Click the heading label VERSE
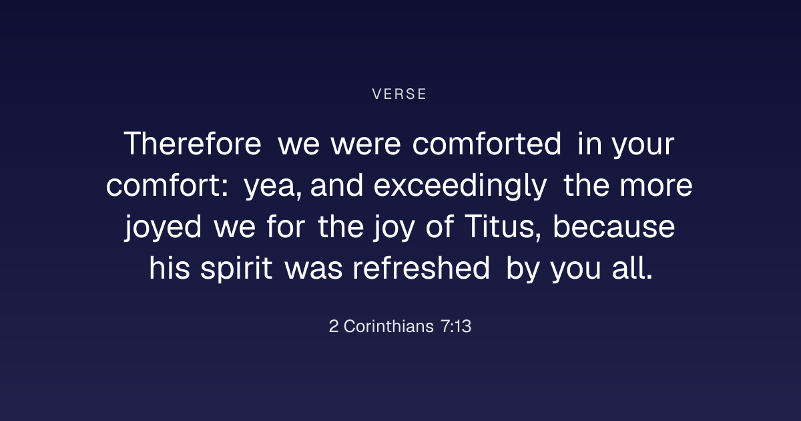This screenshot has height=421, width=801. [x=399, y=94]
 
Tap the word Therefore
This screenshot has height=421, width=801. [x=192, y=144]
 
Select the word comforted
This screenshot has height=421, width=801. [x=487, y=144]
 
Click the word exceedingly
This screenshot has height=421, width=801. [x=460, y=186]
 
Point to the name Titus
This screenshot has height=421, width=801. [x=503, y=227]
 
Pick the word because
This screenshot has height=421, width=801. [x=614, y=227]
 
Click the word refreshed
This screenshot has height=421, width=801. [x=421, y=268]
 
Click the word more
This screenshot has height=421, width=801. [x=656, y=186]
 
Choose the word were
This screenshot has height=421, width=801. [x=366, y=145]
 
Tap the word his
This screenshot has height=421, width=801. [x=170, y=268]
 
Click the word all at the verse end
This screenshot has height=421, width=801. [x=632, y=268]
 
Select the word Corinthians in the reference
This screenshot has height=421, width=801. [x=388, y=327]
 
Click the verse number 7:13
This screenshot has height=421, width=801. [x=456, y=327]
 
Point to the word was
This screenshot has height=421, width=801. [x=314, y=270]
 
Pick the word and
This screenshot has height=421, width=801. [x=336, y=186]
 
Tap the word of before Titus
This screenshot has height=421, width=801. [x=440, y=227]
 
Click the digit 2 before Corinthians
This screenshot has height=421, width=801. [x=334, y=327]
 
